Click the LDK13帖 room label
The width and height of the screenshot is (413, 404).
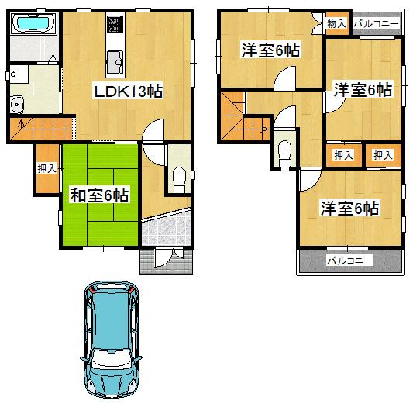click(x=128, y=92)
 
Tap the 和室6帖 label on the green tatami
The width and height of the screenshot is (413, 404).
click(x=100, y=195)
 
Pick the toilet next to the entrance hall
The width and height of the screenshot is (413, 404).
click(x=177, y=178)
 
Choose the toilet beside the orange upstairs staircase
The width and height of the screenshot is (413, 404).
click(x=284, y=150)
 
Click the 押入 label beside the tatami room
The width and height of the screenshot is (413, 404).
click(x=46, y=167)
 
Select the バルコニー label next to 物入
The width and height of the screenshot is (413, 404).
click(x=377, y=24)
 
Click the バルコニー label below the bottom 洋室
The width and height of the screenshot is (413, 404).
click(x=349, y=261)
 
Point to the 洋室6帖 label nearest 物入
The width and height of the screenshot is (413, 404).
click(x=270, y=51)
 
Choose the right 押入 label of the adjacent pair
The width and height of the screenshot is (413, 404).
click(x=383, y=155)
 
